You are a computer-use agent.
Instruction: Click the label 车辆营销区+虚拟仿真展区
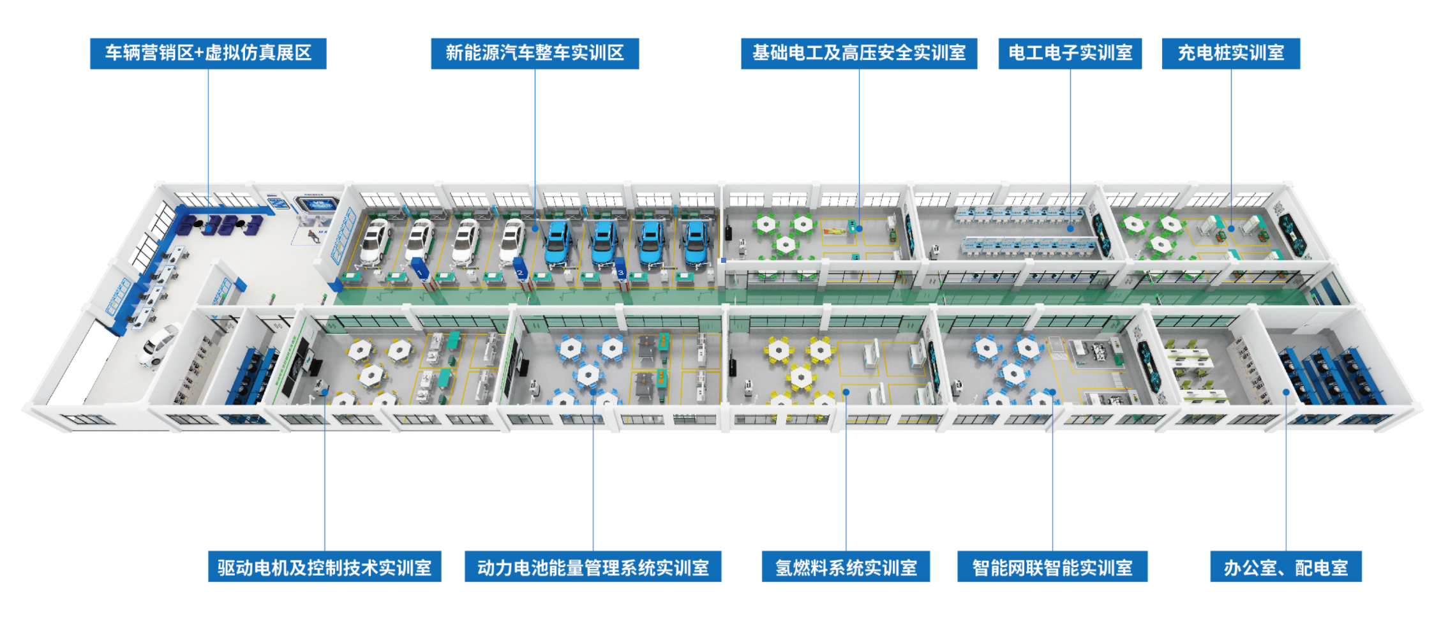coord(208,53)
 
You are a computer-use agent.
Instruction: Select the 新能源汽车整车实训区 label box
coord(535,53)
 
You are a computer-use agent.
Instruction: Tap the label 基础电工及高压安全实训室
coord(858,53)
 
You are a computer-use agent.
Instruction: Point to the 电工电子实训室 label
coord(1070,53)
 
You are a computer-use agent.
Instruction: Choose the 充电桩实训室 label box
coord(1230,53)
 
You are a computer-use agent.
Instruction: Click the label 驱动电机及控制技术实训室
coord(324,567)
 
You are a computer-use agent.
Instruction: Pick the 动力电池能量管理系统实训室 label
coord(593,567)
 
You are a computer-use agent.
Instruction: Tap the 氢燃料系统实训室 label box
coord(846,567)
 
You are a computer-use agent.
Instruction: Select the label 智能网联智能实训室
coord(1052,567)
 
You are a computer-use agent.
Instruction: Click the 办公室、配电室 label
coord(1285,567)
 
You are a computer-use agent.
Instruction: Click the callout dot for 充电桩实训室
coord(1231,228)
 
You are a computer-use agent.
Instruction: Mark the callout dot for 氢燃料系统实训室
coord(846,392)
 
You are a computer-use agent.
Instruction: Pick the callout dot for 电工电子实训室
coord(1070,228)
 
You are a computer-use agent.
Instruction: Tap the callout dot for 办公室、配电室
coord(1286,392)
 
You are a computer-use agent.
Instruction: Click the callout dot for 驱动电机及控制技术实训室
coord(325,392)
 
